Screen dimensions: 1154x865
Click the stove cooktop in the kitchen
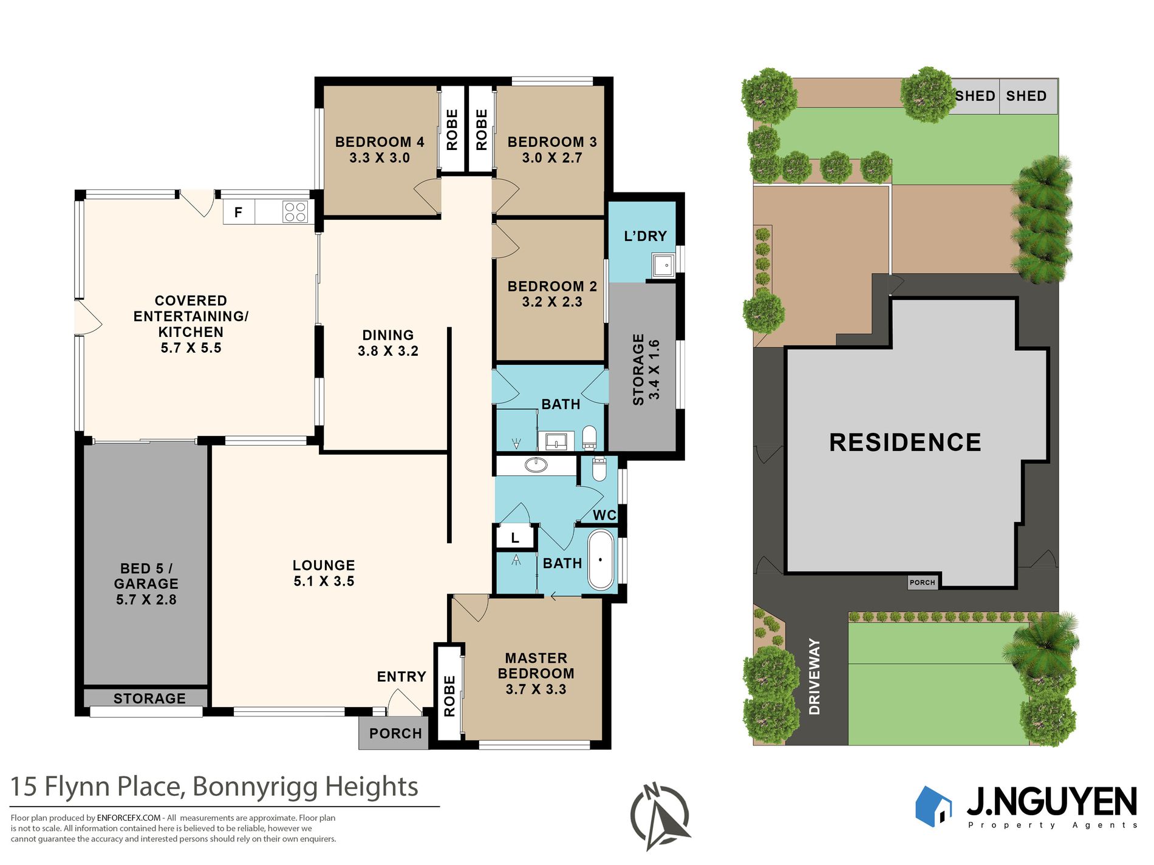pyautogui.click(x=295, y=212)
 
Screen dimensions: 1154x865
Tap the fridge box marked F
pyautogui.click(x=239, y=212)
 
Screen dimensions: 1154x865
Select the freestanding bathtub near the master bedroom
pyautogui.click(x=601, y=560)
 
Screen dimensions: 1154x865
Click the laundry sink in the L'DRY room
pyautogui.click(x=663, y=265)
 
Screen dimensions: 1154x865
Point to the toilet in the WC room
pyautogui.click(x=599, y=469)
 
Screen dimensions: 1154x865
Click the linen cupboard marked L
pyautogui.click(x=515, y=537)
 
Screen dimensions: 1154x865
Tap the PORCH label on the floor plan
pyautogui.click(x=395, y=733)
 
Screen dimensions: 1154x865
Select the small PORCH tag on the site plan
pyautogui.click(x=923, y=582)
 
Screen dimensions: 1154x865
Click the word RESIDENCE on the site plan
pyautogui.click(x=905, y=443)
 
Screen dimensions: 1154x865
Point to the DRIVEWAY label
pyautogui.click(x=814, y=676)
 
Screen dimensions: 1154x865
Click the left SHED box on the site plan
pyautogui.click(x=974, y=96)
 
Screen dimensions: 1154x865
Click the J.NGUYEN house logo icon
pyautogui.click(x=934, y=806)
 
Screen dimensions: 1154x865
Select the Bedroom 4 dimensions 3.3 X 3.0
pyautogui.click(x=380, y=158)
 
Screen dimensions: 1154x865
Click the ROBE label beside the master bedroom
pyautogui.click(x=449, y=696)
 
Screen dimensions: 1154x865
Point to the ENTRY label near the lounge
pyautogui.click(x=401, y=677)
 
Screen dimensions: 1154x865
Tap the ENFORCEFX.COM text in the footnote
pyautogui.click(x=129, y=818)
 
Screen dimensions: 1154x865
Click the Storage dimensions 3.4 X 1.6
pyautogui.click(x=654, y=370)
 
